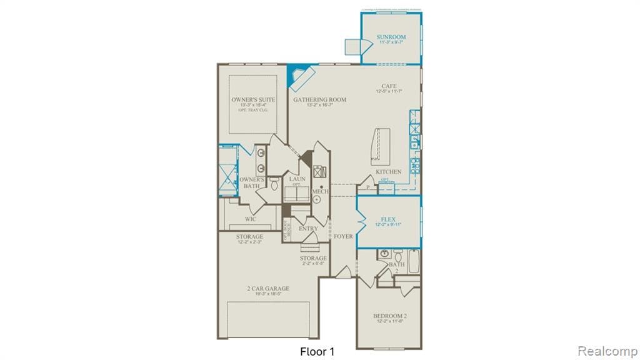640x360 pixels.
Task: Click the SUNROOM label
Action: click(x=391, y=38)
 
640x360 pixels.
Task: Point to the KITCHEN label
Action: click(x=388, y=172)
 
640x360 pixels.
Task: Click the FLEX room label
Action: click(x=388, y=219)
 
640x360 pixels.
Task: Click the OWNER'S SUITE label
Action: click(x=253, y=99)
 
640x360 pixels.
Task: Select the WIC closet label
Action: click(x=250, y=219)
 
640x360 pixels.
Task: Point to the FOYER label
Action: click(x=343, y=236)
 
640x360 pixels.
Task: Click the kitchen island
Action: click(x=379, y=146)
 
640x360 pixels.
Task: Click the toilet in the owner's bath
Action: click(x=274, y=182)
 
